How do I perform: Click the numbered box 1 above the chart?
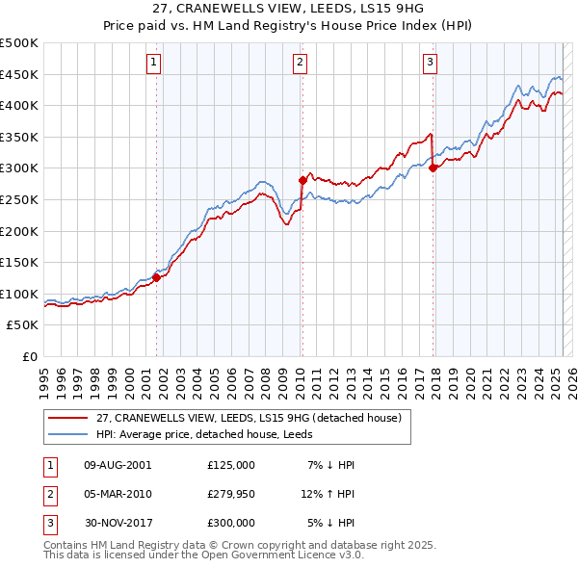[x=154, y=64]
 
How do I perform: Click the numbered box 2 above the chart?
[x=300, y=64]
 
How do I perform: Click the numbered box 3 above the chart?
[x=430, y=64]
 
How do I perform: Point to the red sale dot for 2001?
[x=156, y=277]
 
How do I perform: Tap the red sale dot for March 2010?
[x=302, y=180]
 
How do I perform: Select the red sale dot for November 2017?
[x=433, y=168]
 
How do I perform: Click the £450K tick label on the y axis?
[x=19, y=74]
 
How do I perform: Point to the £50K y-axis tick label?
[x=23, y=325]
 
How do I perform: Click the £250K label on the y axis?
[x=19, y=199]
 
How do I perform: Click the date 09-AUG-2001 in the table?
[x=118, y=465]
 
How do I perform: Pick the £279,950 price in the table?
[x=230, y=494]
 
